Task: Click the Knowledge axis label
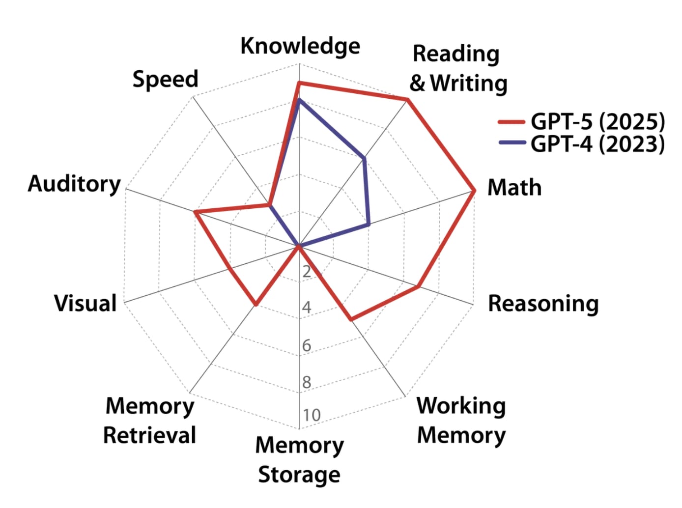(x=300, y=46)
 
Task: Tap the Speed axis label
(x=165, y=79)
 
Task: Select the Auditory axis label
(x=74, y=184)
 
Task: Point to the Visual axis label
(x=85, y=303)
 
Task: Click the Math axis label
(x=514, y=188)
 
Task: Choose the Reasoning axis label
(x=543, y=304)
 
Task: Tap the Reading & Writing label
(x=458, y=68)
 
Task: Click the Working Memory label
(x=461, y=421)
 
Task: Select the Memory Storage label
(x=299, y=460)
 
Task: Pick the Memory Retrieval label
(x=149, y=421)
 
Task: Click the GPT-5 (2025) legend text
(x=597, y=121)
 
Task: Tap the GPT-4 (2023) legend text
(x=597, y=144)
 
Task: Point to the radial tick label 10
(x=312, y=415)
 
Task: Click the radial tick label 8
(x=307, y=382)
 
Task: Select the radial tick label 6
(x=307, y=345)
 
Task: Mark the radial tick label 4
(x=307, y=308)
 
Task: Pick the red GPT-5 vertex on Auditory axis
(x=195, y=212)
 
